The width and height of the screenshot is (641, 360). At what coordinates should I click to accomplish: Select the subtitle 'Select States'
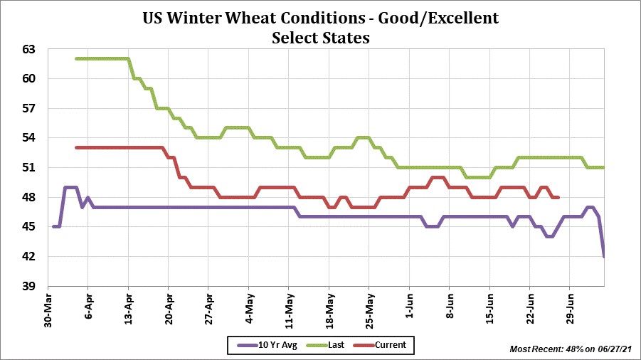[x=320, y=38]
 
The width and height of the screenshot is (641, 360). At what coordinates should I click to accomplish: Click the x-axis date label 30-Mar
[x=48, y=308]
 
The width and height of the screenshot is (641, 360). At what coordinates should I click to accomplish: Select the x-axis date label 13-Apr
[x=128, y=308]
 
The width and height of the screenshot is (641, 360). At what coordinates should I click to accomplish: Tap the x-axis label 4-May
[x=248, y=307]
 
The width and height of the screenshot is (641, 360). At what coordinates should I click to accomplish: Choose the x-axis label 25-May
[x=369, y=308]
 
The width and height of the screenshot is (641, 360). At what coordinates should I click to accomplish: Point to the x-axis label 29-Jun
[x=569, y=308]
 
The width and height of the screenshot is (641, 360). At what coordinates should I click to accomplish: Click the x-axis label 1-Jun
[x=408, y=307]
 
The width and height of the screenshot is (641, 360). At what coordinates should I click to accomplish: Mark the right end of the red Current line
[x=558, y=197]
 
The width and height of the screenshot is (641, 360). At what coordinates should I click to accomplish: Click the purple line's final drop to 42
[x=604, y=255]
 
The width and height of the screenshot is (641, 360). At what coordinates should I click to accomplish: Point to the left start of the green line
[x=76, y=58]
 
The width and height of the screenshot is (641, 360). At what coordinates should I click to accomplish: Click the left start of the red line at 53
[x=76, y=147]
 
